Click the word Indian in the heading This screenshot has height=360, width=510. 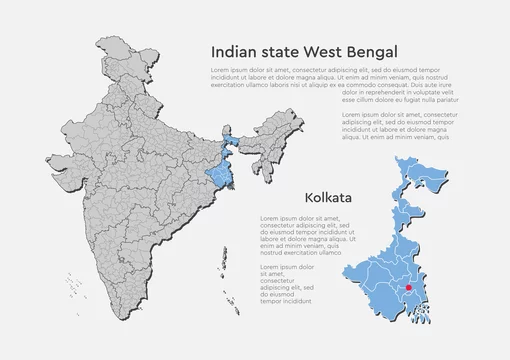click(236, 50)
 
